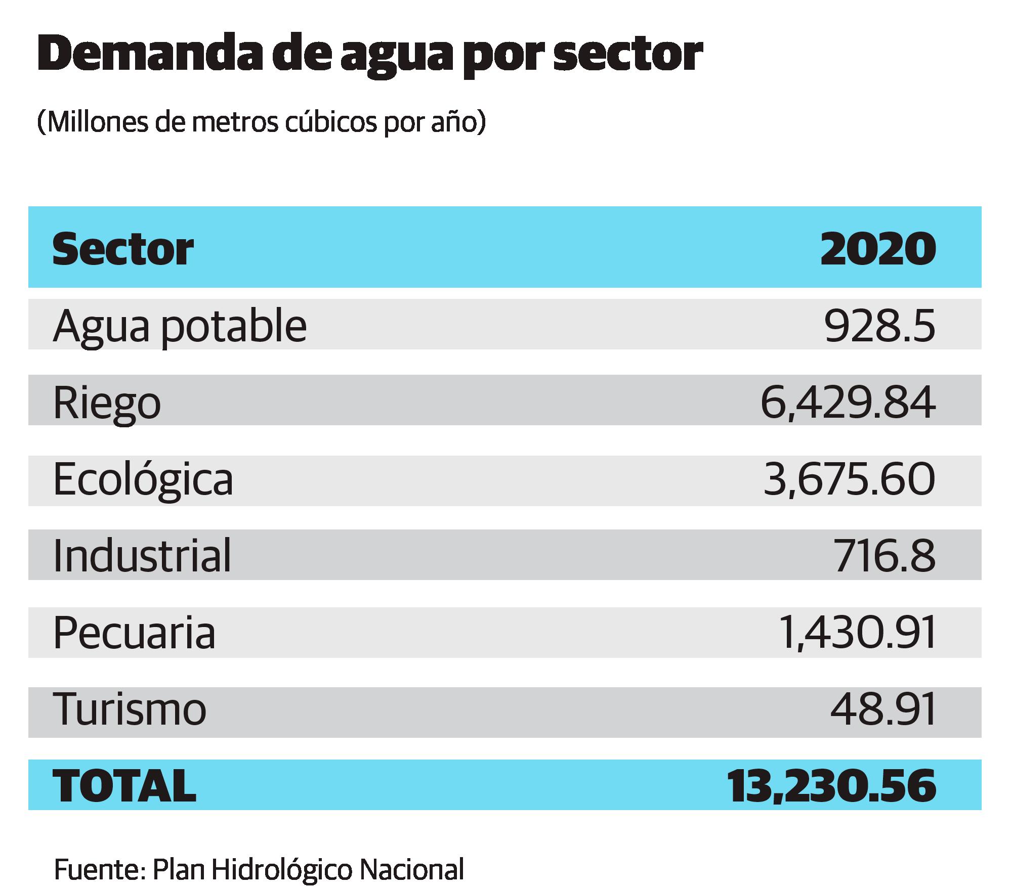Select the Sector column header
pyautogui.click(x=123, y=249)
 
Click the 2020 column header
pyautogui.click(x=878, y=249)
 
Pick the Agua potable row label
pyautogui.click(x=180, y=326)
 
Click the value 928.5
pyautogui.click(x=880, y=326)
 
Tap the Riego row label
pyautogui.click(x=107, y=403)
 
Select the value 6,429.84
pyautogui.click(x=848, y=403)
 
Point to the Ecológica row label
pyautogui.click(x=143, y=480)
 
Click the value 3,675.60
pyautogui.click(x=849, y=480)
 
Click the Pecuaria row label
pyautogui.click(x=135, y=633)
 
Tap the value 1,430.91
pyautogui.click(x=856, y=633)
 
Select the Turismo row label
pyautogui.click(x=130, y=710)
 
